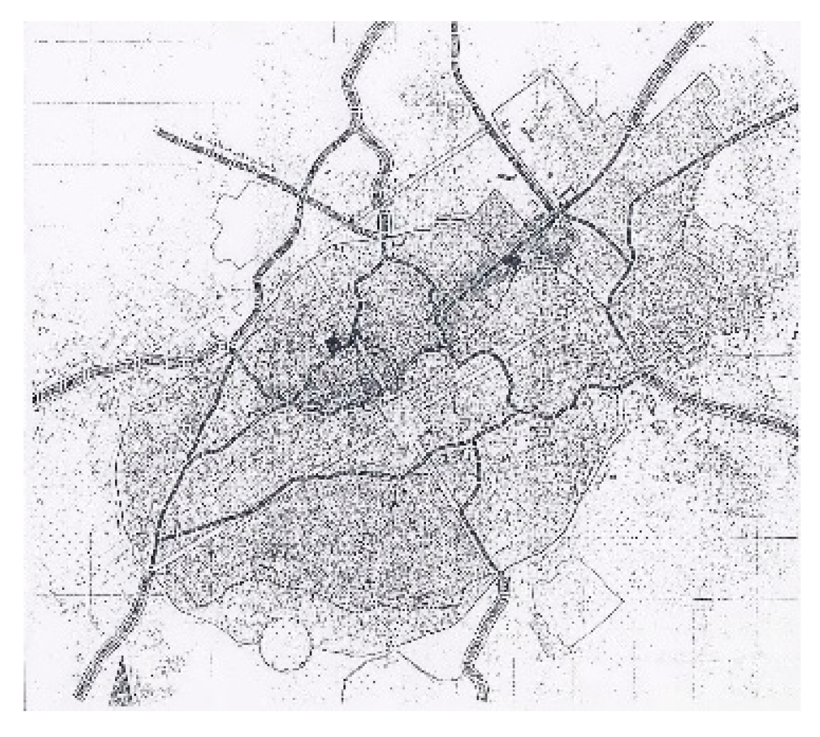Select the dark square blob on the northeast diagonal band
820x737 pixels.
pyautogui.click(x=512, y=261)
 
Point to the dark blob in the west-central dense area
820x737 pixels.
pyautogui.click(x=332, y=343)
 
